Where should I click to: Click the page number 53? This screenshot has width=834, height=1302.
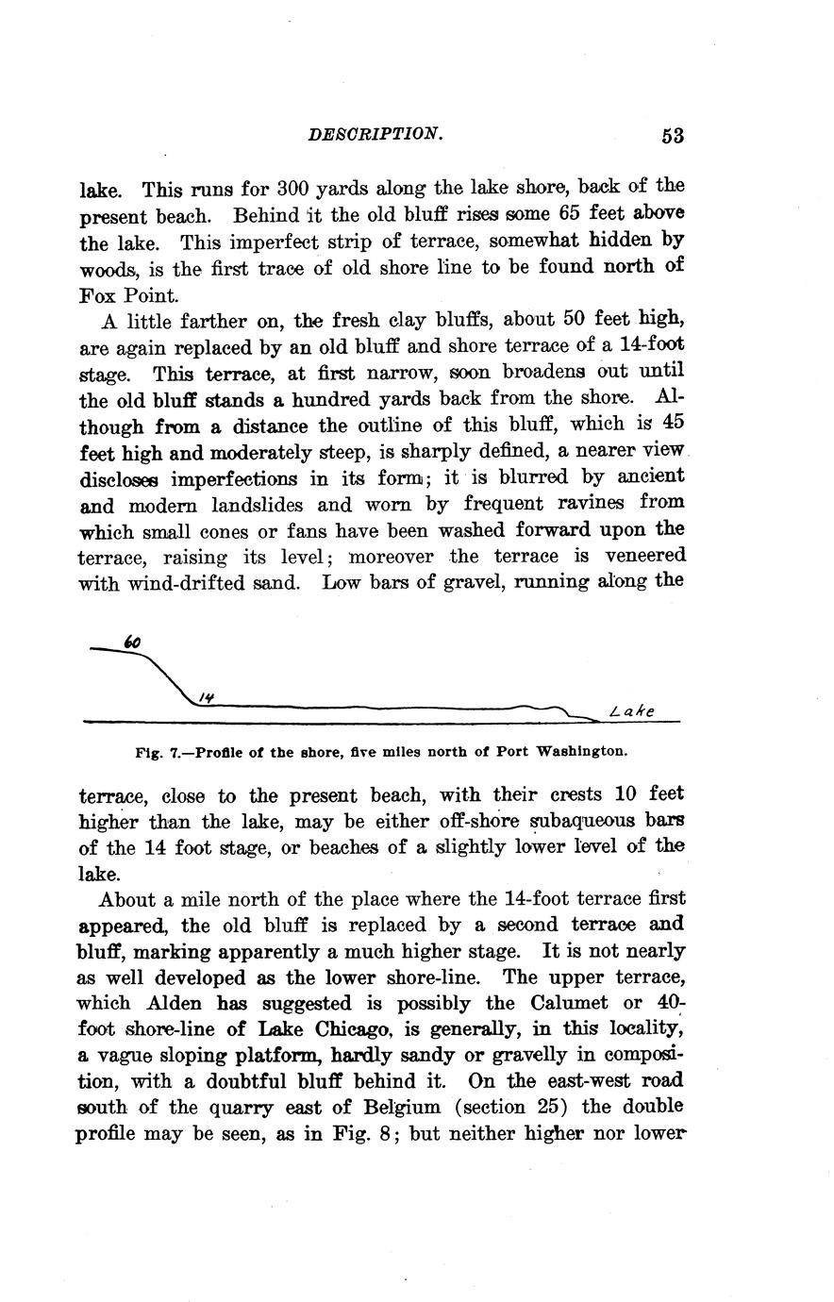[x=672, y=136]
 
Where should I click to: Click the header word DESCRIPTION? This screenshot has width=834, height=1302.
[x=375, y=134]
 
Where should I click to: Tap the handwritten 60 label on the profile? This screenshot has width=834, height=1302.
[x=133, y=643]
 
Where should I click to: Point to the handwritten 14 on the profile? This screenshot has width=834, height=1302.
[x=207, y=696]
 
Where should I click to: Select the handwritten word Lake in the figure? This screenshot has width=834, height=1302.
[x=632, y=711]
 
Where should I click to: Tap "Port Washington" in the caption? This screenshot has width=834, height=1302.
[x=570, y=753]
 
